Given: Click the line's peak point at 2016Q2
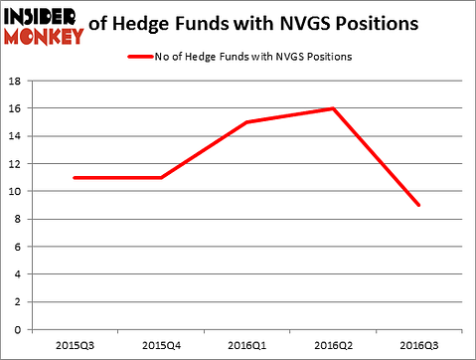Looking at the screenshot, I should (x=332, y=108).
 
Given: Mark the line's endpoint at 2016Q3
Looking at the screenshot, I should (x=417, y=205).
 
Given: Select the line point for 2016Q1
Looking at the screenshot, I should (x=246, y=122).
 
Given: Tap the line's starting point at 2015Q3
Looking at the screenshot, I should (x=75, y=177).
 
